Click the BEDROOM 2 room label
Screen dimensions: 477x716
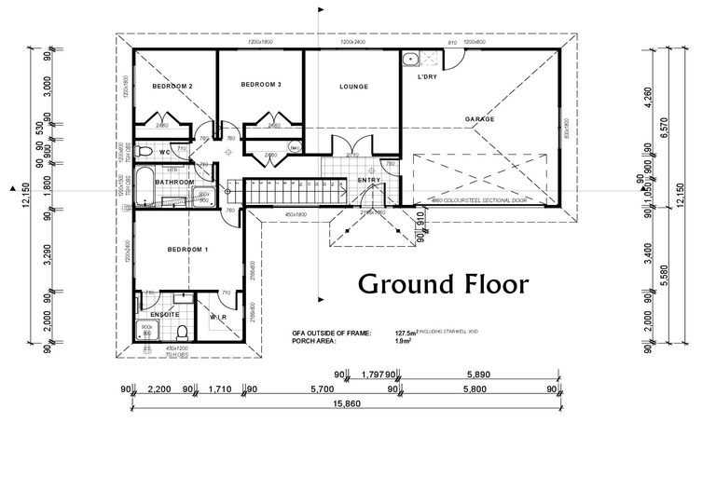pyautogui.click(x=172, y=87)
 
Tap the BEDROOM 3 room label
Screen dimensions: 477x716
pyautogui.click(x=261, y=85)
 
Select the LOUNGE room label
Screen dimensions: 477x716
pyautogui.click(x=353, y=87)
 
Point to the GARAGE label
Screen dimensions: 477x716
pyautogui.click(x=480, y=120)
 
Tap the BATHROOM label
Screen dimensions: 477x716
pyautogui.click(x=174, y=182)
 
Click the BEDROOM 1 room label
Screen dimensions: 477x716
pyautogui.click(x=187, y=249)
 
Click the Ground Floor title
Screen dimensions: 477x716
pyautogui.click(x=444, y=283)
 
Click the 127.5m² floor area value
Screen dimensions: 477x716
pyautogui.click(x=406, y=333)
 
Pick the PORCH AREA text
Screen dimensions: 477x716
pyautogui.click(x=314, y=341)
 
